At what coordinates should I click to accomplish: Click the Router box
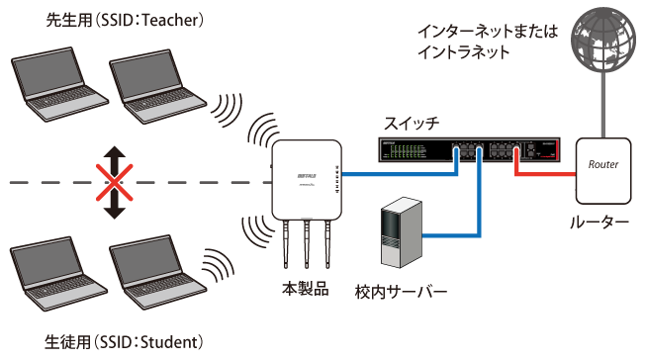point(602,166)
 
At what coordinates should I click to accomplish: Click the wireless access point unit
point(307,181)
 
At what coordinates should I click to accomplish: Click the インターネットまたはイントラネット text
point(489,40)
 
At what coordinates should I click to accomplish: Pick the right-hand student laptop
point(151,273)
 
